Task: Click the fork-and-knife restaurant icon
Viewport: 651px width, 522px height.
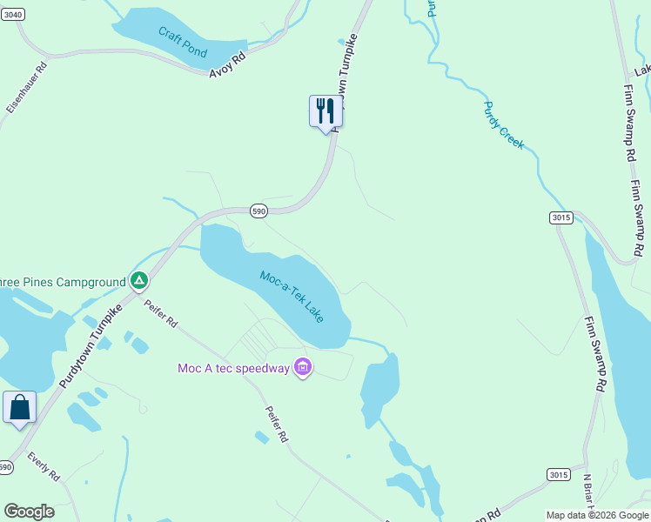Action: click(325, 111)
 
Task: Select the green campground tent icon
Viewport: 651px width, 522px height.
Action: click(138, 281)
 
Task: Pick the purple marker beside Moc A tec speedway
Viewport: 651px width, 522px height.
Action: click(303, 368)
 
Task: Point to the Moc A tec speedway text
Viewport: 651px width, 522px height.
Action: click(233, 368)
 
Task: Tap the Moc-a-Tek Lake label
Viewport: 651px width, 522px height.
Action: click(292, 296)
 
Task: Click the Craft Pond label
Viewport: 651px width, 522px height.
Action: click(183, 42)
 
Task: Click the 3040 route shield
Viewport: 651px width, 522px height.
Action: click(12, 15)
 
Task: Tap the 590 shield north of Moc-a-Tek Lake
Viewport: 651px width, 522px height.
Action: click(258, 211)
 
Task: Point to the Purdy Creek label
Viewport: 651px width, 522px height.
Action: click(504, 124)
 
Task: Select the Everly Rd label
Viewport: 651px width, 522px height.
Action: click(43, 466)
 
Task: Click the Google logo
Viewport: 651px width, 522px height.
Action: click(29, 512)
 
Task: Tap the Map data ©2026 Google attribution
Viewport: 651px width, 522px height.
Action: click(596, 515)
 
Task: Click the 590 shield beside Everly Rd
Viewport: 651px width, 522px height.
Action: click(6, 467)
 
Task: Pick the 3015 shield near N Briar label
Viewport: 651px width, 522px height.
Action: click(559, 474)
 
